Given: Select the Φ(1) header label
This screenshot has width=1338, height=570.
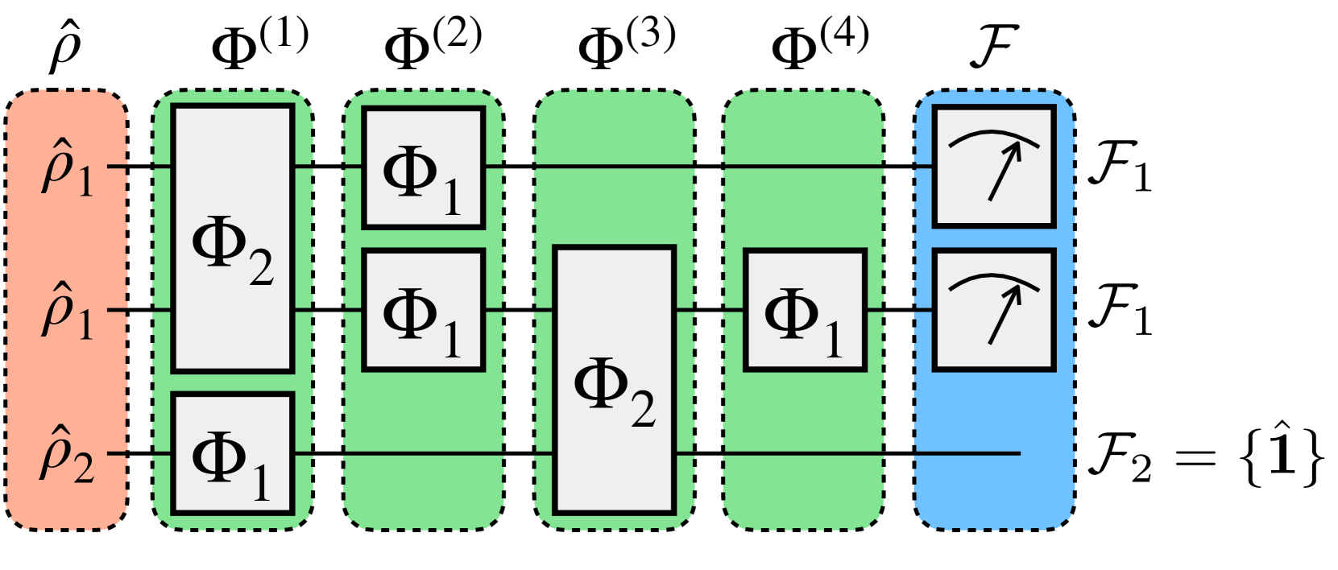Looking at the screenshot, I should click(x=259, y=44).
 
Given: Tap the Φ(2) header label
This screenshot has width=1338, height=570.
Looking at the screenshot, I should click(x=433, y=44).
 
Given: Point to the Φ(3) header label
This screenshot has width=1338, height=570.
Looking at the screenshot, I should click(x=626, y=44).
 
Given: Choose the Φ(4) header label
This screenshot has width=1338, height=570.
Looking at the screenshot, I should click(x=819, y=44).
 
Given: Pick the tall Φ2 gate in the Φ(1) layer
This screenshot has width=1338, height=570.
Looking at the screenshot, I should click(x=233, y=238).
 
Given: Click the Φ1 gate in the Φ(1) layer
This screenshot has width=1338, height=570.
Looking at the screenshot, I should click(x=233, y=453).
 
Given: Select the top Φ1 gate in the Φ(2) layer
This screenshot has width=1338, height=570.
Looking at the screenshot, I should click(x=423, y=167).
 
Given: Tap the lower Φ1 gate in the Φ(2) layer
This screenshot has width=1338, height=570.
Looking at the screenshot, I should click(x=423, y=310).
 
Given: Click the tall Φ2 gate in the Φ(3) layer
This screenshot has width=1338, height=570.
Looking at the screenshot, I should click(x=615, y=380).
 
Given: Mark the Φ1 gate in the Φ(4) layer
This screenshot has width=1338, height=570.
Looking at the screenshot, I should click(x=805, y=310).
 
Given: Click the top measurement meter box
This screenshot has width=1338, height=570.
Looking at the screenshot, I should click(x=993, y=167).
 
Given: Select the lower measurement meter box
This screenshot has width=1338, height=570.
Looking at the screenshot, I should click(x=993, y=310).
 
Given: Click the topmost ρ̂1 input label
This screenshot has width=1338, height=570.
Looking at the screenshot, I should click(x=67, y=170).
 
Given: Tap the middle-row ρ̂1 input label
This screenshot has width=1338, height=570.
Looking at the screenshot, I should click(x=67, y=312).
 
